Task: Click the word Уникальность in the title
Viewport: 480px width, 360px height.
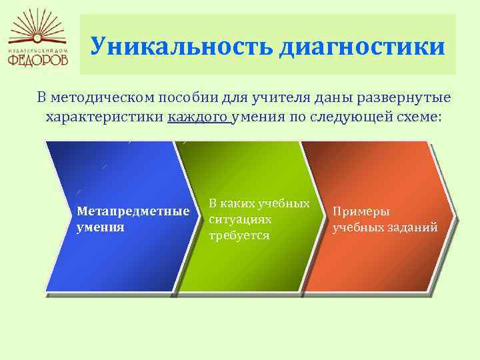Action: pyautogui.click(x=181, y=46)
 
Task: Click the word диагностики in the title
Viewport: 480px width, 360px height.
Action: pyautogui.click(x=363, y=47)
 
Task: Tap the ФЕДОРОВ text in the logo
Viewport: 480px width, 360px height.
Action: pyautogui.click(x=38, y=59)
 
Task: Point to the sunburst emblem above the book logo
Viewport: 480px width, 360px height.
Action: pyautogui.click(x=37, y=25)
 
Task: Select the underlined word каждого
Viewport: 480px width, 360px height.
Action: pyautogui.click(x=199, y=117)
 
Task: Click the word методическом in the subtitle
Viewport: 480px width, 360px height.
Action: pyautogui.click(x=103, y=97)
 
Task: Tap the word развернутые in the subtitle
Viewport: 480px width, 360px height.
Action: pyautogui.click(x=403, y=98)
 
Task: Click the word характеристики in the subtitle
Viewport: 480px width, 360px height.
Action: pyautogui.click(x=105, y=117)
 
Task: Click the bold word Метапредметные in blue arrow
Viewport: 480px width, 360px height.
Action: pyautogui.click(x=133, y=211)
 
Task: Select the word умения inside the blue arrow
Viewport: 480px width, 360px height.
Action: pyautogui.click(x=101, y=227)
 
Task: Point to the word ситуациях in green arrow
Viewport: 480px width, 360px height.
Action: pyautogui.click(x=240, y=219)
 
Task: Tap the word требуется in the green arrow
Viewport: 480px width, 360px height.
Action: pyautogui.click(x=239, y=235)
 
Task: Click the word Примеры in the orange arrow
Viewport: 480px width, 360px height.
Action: pyautogui.click(x=361, y=212)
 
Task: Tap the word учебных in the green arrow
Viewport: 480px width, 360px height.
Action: pyautogui.click(x=284, y=204)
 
